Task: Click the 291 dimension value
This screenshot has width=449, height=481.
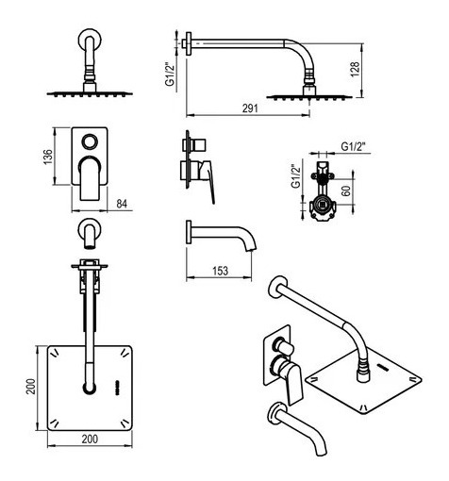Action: tap(250, 108)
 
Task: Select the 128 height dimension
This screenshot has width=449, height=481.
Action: tap(355, 70)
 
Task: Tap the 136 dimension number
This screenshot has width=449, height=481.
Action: tap(48, 157)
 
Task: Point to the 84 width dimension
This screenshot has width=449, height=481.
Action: tap(122, 204)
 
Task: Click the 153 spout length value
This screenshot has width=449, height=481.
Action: tap(220, 271)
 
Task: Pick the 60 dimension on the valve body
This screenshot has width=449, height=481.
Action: tap(346, 191)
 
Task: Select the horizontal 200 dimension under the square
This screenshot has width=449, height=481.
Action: tap(90, 439)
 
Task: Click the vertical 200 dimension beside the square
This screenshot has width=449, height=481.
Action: tap(31, 387)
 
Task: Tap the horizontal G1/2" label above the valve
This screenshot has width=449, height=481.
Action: tap(354, 146)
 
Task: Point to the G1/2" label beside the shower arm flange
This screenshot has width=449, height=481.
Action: tap(170, 75)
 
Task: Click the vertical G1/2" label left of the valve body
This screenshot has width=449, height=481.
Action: tap(296, 176)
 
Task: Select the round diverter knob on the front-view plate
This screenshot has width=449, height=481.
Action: tap(90, 141)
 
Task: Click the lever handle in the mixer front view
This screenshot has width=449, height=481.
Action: tap(90, 178)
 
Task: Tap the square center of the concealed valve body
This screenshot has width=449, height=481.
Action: tap(323, 207)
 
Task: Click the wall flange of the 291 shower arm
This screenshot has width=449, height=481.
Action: tap(189, 43)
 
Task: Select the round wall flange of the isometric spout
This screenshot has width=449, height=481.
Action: tap(275, 412)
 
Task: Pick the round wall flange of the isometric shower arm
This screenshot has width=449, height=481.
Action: tap(277, 287)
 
